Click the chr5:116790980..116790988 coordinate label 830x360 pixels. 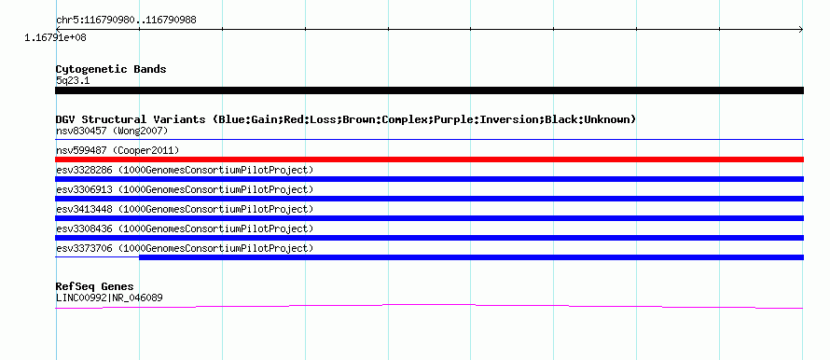pyautogui.click(x=126, y=21)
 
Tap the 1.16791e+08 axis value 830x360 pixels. pyautogui.click(x=56, y=38)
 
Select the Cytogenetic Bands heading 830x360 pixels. pyautogui.click(x=111, y=69)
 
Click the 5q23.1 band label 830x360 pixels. pyautogui.click(x=73, y=81)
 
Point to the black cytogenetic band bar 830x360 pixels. pyautogui.click(x=429, y=90)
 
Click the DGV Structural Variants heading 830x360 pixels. pyautogui.click(x=346, y=119)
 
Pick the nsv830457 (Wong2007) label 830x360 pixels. pyautogui.click(x=112, y=131)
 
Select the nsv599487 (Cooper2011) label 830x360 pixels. pyautogui.click(x=118, y=151)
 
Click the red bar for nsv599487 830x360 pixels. pyautogui.click(x=429, y=159)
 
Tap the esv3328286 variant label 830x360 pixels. pyautogui.click(x=185, y=170)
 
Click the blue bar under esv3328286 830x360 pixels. pyautogui.click(x=429, y=179)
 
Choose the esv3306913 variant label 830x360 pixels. pyautogui.click(x=185, y=189)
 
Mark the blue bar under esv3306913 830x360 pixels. pyautogui.click(x=429, y=199)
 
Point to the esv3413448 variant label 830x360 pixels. pyautogui.click(x=185, y=209)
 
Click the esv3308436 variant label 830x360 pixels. pyautogui.click(x=185, y=228)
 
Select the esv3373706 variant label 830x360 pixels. pyautogui.click(x=185, y=248)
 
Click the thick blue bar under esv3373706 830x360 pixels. pyautogui.click(x=472, y=257)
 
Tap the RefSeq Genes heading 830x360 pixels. pyautogui.click(x=95, y=287)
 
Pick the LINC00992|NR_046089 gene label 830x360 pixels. pyautogui.click(x=109, y=298)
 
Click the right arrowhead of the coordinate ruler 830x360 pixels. pyautogui.click(x=801, y=30)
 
